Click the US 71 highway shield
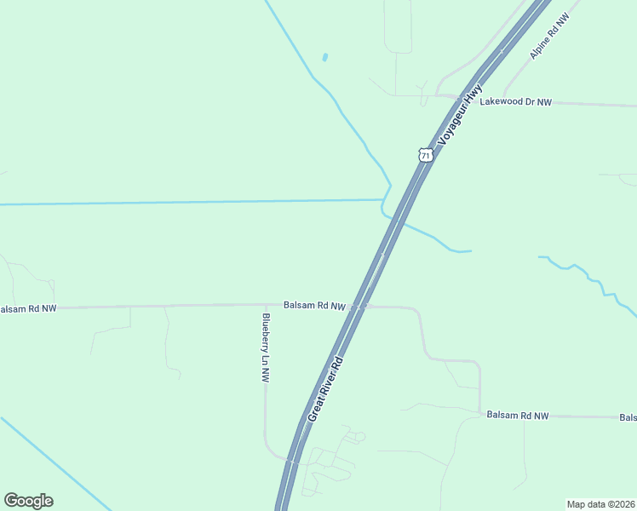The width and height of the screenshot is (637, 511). (x=426, y=154)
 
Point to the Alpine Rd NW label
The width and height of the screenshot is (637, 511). (x=548, y=37)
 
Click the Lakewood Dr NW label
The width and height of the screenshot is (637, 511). (x=516, y=102)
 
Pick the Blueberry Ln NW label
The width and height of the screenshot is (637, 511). (x=266, y=348)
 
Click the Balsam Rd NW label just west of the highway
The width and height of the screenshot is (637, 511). (x=314, y=305)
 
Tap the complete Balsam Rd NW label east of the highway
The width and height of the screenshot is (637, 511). (x=518, y=416)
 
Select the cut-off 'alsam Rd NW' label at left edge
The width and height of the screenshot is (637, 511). (x=28, y=308)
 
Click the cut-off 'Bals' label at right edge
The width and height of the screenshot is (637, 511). (x=628, y=417)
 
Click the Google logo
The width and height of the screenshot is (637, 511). (x=28, y=501)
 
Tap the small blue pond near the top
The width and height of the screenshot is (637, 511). (x=325, y=58)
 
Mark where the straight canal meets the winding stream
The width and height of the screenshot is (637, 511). (x=382, y=200)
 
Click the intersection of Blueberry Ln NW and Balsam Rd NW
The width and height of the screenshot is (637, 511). (x=265, y=305)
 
